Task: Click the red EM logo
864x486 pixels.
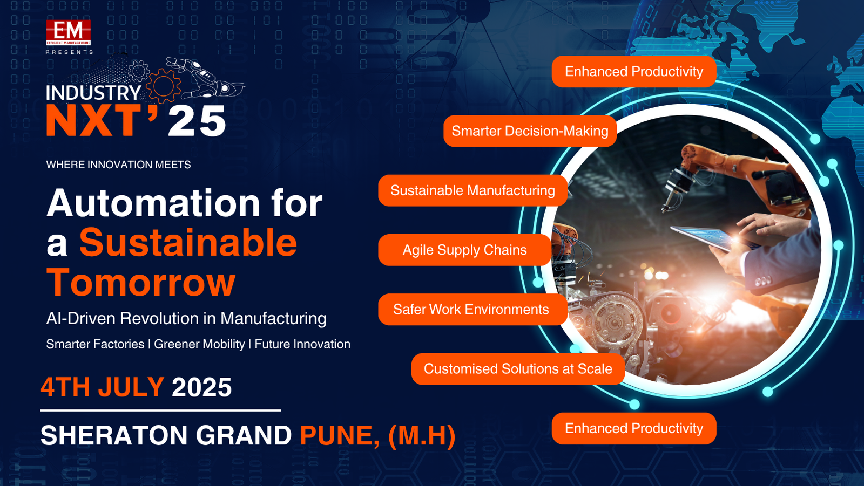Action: pyautogui.click(x=69, y=33)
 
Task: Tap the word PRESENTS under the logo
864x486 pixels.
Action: pyautogui.click(x=70, y=52)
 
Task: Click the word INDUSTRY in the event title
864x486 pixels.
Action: pyautogui.click(x=93, y=93)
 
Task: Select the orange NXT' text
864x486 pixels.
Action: pyautogui.click(x=102, y=120)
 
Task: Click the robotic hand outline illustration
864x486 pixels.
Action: pyautogui.click(x=205, y=78)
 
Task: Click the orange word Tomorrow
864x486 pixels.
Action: pyautogui.click(x=141, y=282)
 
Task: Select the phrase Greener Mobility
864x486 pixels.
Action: pyautogui.click(x=199, y=344)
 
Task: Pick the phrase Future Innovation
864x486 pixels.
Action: pyautogui.click(x=302, y=344)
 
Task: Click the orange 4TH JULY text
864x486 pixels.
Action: pyautogui.click(x=103, y=387)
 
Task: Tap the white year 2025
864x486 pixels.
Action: pyautogui.click(x=202, y=387)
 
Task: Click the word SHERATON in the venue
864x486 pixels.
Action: pyautogui.click(x=114, y=435)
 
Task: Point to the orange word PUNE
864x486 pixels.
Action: pyautogui.click(x=339, y=436)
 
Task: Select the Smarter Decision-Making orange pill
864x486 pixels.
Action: pyautogui.click(x=530, y=131)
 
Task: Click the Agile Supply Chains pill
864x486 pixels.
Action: pyautogui.click(x=465, y=250)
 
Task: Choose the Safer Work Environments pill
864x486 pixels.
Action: pyautogui.click(x=473, y=310)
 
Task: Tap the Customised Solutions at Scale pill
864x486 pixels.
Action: pyautogui.click(x=518, y=369)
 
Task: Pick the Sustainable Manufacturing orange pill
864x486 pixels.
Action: pyautogui.click(x=473, y=190)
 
